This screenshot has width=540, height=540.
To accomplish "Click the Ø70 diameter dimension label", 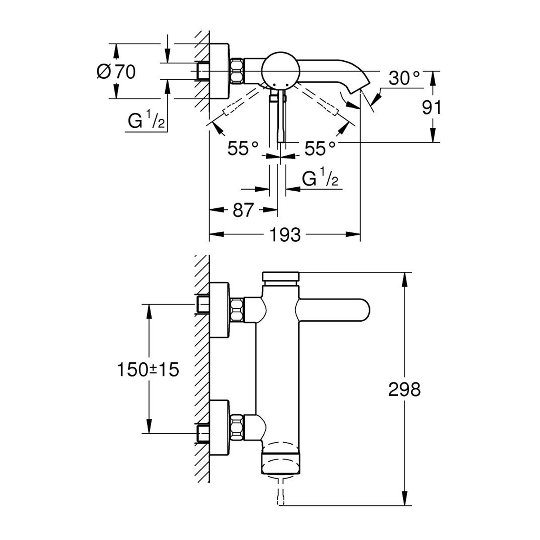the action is pos(116,72).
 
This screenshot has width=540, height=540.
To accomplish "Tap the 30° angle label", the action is pos(404,78).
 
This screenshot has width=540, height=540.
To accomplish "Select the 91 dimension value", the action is pos(432,108).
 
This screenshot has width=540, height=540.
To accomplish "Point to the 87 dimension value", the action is pos(243,210).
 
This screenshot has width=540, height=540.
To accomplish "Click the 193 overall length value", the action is pos(285,234).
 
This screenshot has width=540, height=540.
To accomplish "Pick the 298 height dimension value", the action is pos(405,389).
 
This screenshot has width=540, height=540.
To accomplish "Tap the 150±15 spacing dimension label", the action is pos(148,369).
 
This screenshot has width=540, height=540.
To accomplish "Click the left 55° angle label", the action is pos(243,148).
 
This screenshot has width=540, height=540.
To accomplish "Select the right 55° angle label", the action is pos(320,148).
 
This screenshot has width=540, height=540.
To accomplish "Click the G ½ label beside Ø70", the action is pos(146,120).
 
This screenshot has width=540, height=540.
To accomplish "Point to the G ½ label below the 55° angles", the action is pos(320,177).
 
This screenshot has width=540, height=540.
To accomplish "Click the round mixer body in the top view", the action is pos(280,71).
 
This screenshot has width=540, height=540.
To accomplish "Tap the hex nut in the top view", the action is pos(237,71).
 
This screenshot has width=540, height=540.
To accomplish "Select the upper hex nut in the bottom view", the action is pos(237,310).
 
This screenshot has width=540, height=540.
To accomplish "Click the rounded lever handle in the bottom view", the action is pos(333,310).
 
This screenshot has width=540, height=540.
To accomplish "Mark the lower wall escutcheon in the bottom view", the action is pos(220,432).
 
